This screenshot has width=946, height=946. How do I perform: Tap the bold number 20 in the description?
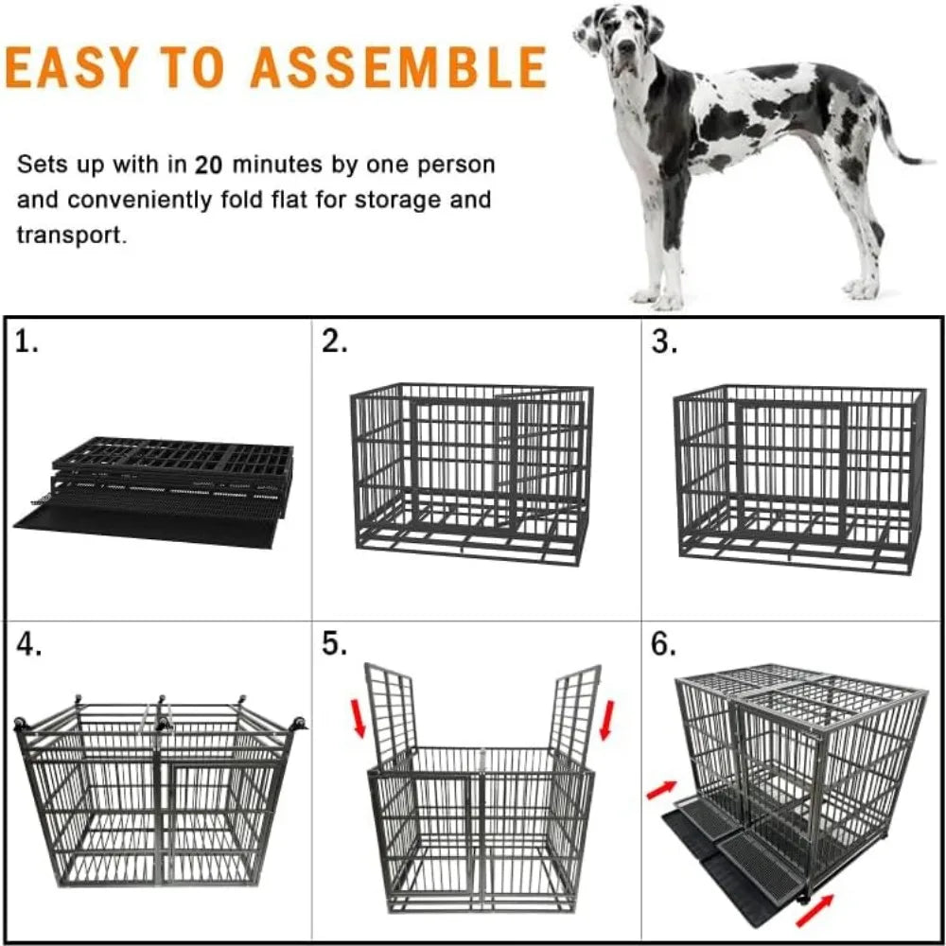pyautogui.click(x=209, y=166)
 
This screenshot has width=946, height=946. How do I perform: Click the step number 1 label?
pyautogui.click(x=28, y=342)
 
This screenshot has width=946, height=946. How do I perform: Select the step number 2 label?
pyautogui.click(x=334, y=342)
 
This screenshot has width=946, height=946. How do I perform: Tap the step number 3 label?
pyautogui.click(x=664, y=342)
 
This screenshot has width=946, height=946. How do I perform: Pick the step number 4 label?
pyautogui.click(x=28, y=645)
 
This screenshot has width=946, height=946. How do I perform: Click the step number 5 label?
pyautogui.click(x=334, y=645)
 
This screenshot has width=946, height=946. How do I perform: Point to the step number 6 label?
pyautogui.click(x=664, y=645)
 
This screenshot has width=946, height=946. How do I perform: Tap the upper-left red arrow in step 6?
pyautogui.click(x=661, y=789)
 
